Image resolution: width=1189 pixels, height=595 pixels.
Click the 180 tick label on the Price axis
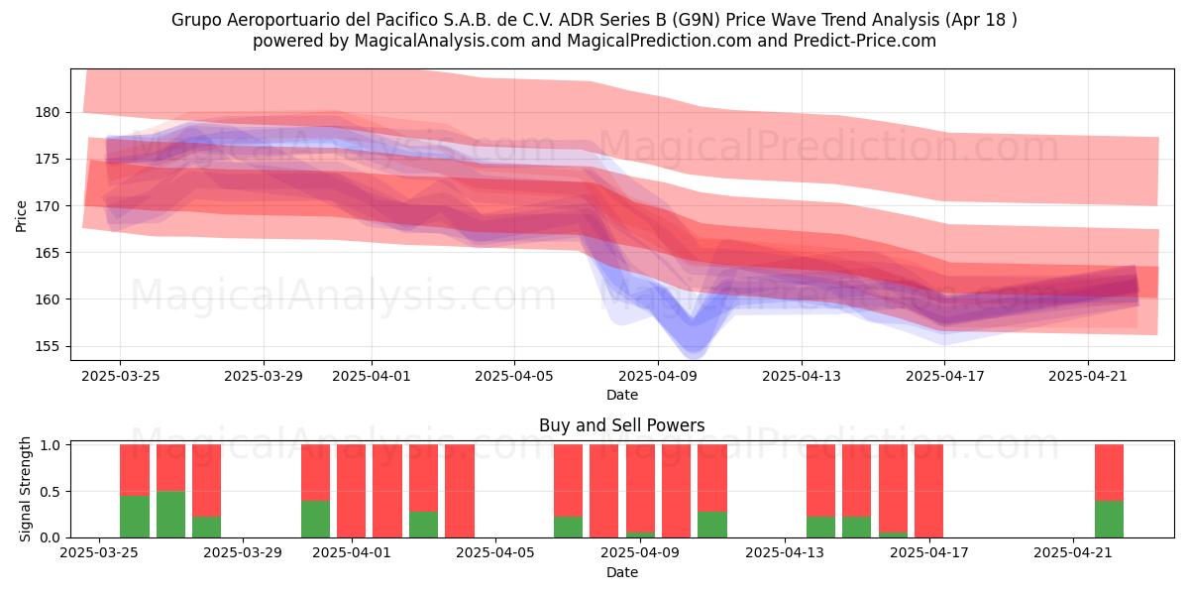click(x=48, y=113)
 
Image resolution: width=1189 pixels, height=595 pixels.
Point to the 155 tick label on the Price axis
click(x=48, y=346)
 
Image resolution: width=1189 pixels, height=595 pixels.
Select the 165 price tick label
click(x=48, y=253)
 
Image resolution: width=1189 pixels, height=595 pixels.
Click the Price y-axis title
click(x=21, y=216)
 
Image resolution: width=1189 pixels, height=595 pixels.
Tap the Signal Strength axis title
click(x=25, y=489)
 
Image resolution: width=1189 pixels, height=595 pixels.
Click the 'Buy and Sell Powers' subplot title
click(x=621, y=425)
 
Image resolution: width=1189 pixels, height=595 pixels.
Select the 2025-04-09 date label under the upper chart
click(x=658, y=376)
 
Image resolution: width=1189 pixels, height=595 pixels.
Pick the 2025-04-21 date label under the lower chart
click(x=1073, y=553)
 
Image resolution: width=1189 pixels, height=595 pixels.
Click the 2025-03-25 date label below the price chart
click(x=121, y=376)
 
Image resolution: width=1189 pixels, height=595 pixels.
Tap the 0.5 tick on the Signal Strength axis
click(x=50, y=492)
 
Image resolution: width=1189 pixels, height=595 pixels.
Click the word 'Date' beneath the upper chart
click(x=622, y=395)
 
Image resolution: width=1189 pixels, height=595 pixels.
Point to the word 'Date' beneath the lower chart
click(x=622, y=572)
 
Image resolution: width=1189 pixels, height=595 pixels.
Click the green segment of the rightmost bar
click(x=1109, y=519)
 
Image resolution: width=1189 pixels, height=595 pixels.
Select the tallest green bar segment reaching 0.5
click(x=170, y=515)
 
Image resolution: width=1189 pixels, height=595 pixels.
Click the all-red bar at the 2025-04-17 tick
click(x=929, y=491)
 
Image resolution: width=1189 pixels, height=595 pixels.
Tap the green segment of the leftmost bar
click(x=135, y=517)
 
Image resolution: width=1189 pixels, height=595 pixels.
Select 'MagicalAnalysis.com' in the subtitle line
click(x=440, y=41)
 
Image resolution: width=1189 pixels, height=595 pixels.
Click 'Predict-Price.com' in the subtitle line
click(x=865, y=41)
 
